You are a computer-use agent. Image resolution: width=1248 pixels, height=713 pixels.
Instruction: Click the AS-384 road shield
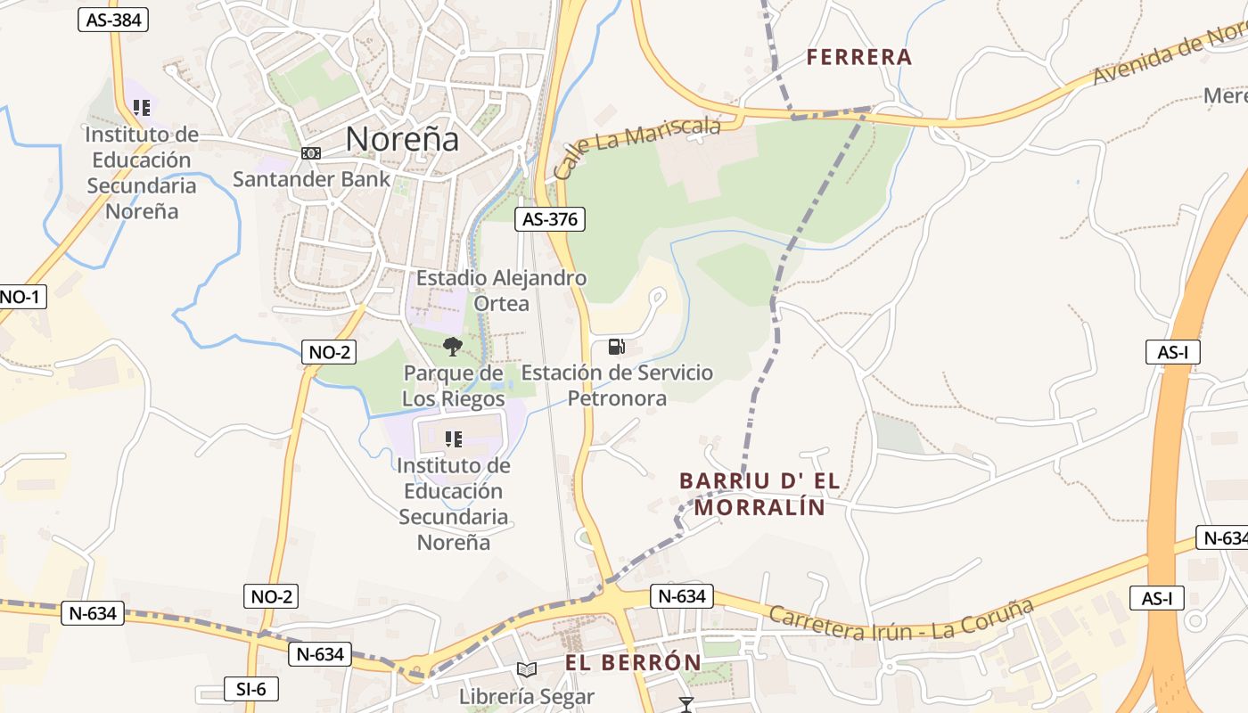(x=113, y=20)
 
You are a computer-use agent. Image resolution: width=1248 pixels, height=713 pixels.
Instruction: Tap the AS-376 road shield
(x=550, y=219)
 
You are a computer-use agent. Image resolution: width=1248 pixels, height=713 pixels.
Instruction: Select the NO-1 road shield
(x=20, y=297)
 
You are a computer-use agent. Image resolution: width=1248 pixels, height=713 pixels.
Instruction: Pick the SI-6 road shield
(x=250, y=689)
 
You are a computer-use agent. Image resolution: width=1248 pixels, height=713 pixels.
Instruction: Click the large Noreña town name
(x=402, y=139)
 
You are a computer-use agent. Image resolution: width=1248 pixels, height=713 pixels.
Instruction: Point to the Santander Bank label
(x=311, y=179)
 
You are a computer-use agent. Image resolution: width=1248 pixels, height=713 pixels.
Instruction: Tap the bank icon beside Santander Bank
(x=310, y=153)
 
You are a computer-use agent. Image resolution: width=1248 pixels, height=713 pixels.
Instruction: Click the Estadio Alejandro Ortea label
(x=502, y=291)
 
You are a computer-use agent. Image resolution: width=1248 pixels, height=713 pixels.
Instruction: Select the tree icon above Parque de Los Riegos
(x=453, y=347)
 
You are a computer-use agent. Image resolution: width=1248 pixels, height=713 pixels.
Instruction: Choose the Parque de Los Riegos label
(x=454, y=385)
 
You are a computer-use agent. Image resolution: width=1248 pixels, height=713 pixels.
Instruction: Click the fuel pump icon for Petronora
(x=616, y=347)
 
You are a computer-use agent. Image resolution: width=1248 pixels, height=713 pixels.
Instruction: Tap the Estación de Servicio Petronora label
(x=617, y=385)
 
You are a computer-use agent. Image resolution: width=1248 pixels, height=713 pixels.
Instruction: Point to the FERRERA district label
(x=859, y=58)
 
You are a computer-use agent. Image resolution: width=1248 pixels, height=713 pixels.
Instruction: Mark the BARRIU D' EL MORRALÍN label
(x=759, y=494)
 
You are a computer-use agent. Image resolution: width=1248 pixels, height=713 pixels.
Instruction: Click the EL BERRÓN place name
(x=633, y=663)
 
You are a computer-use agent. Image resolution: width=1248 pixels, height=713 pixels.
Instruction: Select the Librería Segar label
(x=527, y=696)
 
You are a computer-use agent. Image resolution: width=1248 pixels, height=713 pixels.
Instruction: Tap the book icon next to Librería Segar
(x=527, y=669)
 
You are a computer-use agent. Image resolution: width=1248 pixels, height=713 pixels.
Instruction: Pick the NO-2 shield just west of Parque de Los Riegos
(x=329, y=352)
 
